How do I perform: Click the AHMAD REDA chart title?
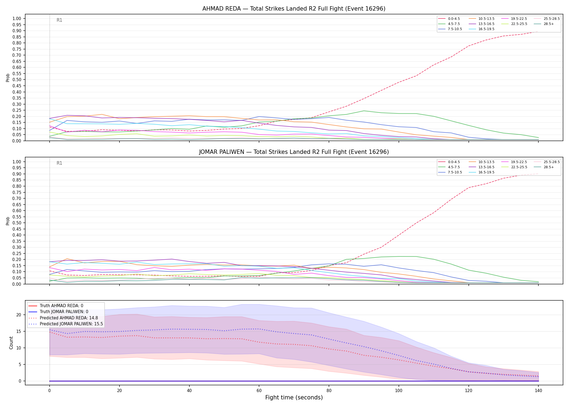pyautogui.click(x=294, y=9)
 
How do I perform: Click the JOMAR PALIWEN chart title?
pyautogui.click(x=294, y=152)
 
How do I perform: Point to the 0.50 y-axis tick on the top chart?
pyautogui.click(x=17, y=80)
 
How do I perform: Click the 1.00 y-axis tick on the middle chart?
pyautogui.click(x=17, y=162)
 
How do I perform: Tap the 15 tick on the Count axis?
pyautogui.click(x=19, y=332)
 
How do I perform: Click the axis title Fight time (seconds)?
pyautogui.click(x=294, y=398)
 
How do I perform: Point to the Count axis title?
pyautogui.click(x=11, y=343)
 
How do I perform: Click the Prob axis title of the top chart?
pyautogui.click(x=8, y=78)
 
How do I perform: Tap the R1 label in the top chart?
pyautogui.click(x=59, y=20)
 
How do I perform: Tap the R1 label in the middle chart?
pyautogui.click(x=59, y=163)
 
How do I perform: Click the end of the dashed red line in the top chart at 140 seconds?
pyautogui.click(x=538, y=31)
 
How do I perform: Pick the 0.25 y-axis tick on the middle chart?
pyautogui.click(x=17, y=253)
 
